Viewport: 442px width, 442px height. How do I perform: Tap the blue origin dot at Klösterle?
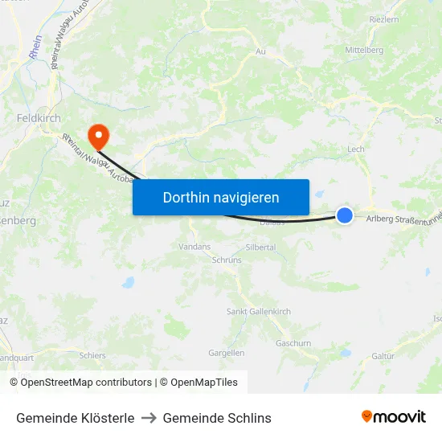click(345, 215)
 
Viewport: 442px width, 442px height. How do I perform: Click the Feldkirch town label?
click(39, 117)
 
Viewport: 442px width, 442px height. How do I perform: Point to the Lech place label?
click(356, 149)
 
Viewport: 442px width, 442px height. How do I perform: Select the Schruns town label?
click(226, 260)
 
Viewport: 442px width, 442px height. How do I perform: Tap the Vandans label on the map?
click(194, 247)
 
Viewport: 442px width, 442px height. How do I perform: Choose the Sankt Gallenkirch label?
click(259, 312)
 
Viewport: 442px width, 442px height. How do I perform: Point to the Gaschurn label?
click(293, 342)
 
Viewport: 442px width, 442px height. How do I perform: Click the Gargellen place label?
click(226, 353)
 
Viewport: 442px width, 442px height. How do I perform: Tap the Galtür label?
click(383, 356)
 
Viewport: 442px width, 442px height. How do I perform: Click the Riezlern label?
click(383, 19)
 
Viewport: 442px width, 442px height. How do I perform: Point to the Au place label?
click(260, 51)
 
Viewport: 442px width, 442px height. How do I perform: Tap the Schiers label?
click(92, 355)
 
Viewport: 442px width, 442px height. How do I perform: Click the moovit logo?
click(394, 417)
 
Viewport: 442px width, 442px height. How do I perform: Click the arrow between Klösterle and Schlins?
click(149, 418)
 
